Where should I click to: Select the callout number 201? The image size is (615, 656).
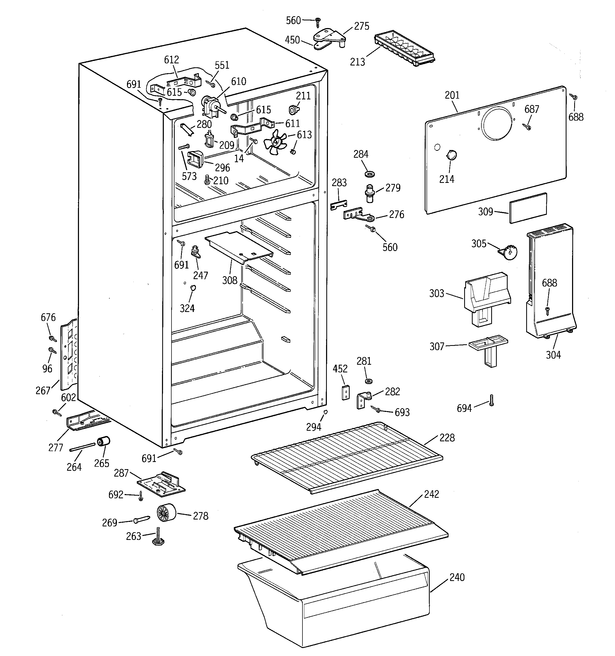(452, 95)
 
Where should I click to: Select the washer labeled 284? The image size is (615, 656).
(370, 174)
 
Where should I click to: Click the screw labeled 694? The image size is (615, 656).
(491, 400)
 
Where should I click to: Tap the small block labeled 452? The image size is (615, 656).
(346, 392)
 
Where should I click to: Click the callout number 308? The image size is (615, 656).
(229, 280)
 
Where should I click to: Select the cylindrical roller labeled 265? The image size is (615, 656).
(103, 441)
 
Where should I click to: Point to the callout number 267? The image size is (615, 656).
(43, 391)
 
